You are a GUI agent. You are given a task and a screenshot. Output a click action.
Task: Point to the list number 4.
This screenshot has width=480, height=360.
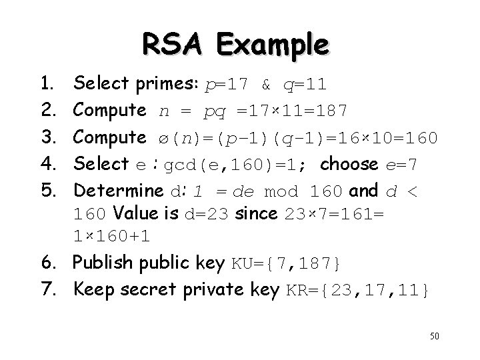(47, 164)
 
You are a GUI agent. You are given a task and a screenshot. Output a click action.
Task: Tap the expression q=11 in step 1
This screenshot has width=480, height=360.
(304, 84)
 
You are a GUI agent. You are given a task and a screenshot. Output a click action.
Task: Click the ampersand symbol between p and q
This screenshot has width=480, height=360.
(266, 84)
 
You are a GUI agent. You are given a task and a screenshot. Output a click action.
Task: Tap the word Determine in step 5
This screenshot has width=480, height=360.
(118, 191)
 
